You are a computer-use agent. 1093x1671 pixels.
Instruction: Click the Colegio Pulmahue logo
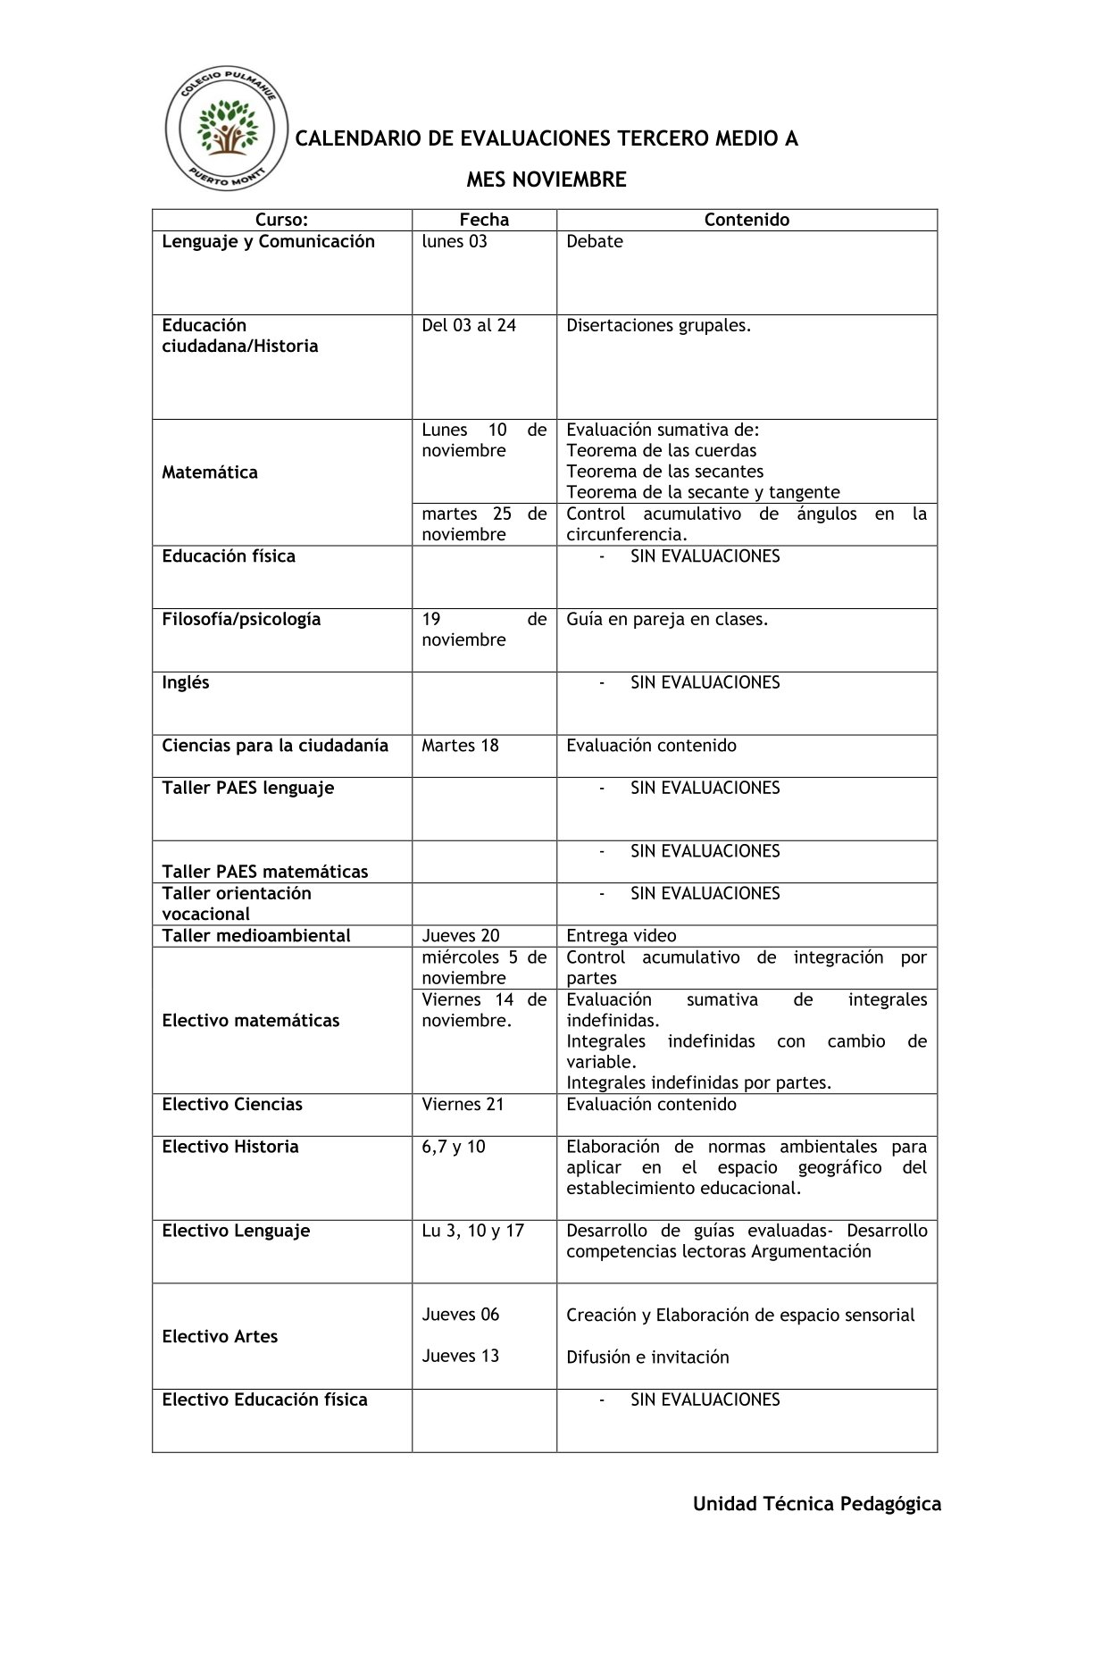[227, 130]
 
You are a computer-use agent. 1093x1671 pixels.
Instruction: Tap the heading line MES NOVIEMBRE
[546, 180]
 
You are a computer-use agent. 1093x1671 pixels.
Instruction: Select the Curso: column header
[281, 220]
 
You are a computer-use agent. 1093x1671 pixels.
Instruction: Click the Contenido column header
[747, 220]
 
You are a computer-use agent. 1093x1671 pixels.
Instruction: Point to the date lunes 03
[455, 241]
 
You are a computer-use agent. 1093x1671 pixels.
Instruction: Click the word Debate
[595, 241]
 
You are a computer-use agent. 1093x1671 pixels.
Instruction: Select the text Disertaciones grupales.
[658, 325]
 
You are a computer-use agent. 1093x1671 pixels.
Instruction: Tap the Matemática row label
[210, 472]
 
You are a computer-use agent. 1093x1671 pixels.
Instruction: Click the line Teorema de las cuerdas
[661, 450]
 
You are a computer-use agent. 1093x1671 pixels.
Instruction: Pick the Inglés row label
[186, 682]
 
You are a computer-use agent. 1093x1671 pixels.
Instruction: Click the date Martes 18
[460, 745]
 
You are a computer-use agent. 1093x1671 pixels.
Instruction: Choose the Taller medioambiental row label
[256, 935]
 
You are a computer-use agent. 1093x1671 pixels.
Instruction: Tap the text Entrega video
[622, 935]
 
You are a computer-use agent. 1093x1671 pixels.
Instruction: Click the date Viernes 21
[463, 1104]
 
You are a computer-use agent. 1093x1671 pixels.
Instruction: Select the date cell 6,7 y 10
[454, 1146]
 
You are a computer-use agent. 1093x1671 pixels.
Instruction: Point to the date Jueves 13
[461, 1356]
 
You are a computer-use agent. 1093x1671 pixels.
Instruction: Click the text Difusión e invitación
[647, 1357]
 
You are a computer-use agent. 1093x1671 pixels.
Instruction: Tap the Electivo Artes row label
[220, 1336]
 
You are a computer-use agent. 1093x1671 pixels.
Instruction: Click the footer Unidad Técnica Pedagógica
[817, 1504]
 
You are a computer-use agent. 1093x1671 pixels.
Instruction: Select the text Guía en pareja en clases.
[667, 619]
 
